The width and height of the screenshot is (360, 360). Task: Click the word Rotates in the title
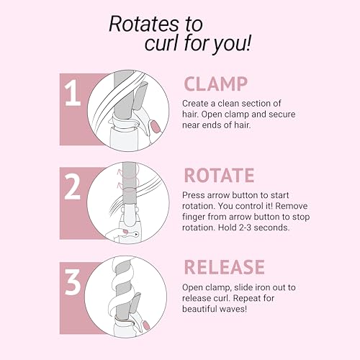click(x=144, y=24)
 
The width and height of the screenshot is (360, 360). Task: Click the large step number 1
click(x=72, y=93)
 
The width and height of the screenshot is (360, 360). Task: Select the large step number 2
click(x=72, y=186)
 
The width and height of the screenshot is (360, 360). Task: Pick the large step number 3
click(x=73, y=282)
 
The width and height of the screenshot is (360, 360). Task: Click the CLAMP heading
click(x=215, y=84)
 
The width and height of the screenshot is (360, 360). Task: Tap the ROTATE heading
click(x=219, y=176)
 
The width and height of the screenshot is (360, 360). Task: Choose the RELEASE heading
click(x=224, y=267)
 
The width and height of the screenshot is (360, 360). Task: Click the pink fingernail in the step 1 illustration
click(x=156, y=127)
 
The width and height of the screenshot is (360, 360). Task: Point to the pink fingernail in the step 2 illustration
click(x=125, y=232)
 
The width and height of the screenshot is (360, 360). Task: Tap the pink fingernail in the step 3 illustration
click(x=146, y=325)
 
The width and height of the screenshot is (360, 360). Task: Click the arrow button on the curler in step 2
click(x=136, y=234)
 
